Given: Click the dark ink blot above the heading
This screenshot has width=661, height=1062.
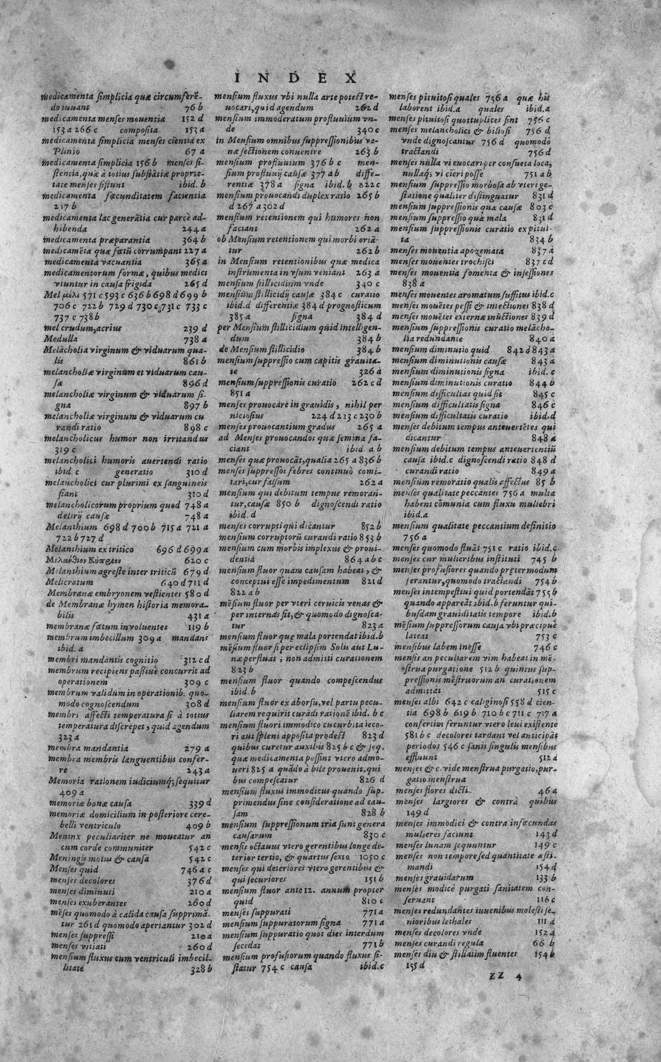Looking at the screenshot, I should point(167,64).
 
